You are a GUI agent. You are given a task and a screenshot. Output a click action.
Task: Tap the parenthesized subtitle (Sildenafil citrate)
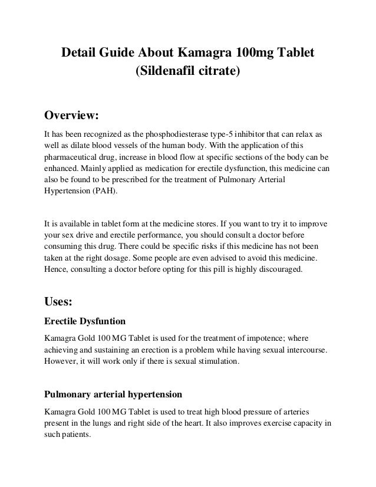188,73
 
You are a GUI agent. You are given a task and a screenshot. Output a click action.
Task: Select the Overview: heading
72,113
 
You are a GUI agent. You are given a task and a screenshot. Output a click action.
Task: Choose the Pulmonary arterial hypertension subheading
113,392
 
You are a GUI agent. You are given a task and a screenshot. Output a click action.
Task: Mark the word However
61,361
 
